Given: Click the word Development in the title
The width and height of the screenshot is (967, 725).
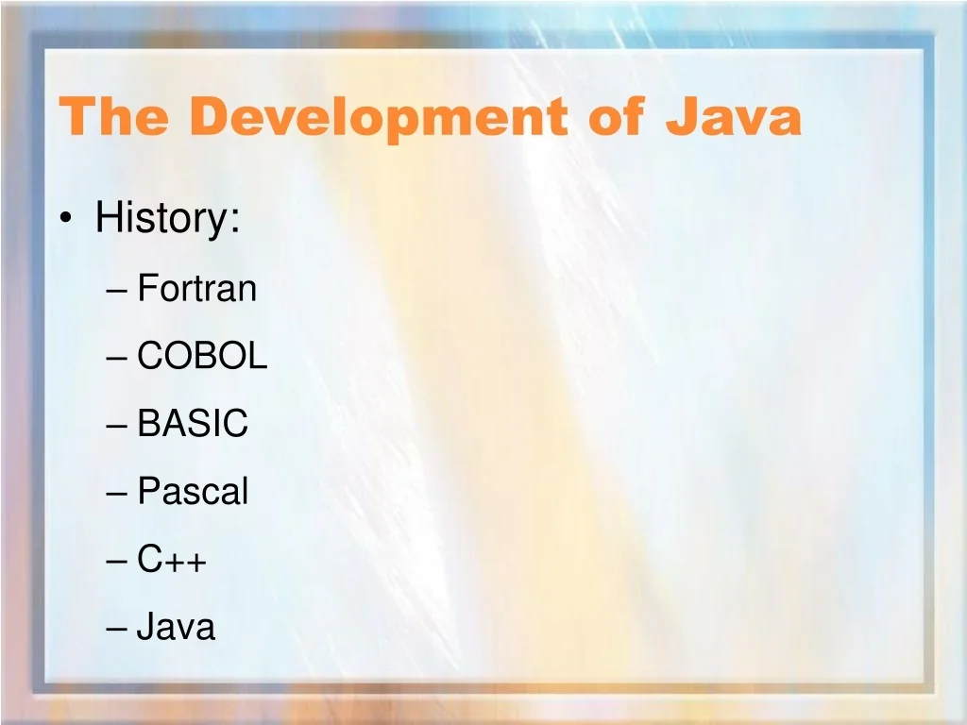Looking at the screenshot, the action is [379, 117].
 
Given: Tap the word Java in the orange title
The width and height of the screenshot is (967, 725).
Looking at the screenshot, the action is [733, 116].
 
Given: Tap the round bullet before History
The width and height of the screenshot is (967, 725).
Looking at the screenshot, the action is [67, 218].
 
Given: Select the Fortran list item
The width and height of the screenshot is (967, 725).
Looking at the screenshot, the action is [196, 288].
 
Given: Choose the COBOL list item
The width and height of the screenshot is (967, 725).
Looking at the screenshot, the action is [202, 355].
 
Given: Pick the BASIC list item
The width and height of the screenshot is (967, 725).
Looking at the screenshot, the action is [193, 423].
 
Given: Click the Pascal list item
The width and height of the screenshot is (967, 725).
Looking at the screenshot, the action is [193, 491].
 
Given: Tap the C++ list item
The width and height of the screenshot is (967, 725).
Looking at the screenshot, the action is [172, 559].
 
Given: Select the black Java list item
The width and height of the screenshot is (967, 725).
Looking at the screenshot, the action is [176, 627].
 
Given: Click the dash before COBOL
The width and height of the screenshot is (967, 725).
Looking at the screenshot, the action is [116, 358].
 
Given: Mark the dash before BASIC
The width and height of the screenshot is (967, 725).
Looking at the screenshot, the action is [116, 426].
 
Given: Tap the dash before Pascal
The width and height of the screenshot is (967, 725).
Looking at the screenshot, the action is [116, 494].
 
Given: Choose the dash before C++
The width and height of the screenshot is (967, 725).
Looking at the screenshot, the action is [116, 562].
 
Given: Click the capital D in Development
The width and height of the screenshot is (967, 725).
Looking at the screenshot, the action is [212, 116].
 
